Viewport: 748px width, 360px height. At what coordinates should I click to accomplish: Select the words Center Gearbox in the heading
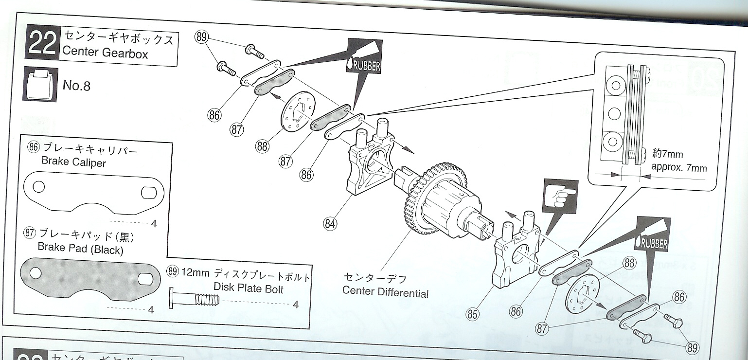click(105, 53)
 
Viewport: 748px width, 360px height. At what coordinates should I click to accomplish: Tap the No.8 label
click(76, 86)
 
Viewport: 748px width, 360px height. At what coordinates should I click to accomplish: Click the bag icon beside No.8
click(40, 85)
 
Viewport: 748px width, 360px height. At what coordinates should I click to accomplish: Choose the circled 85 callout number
click(472, 314)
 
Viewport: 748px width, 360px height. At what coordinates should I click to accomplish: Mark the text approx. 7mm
click(678, 168)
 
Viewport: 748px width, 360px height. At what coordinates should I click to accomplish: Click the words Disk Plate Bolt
click(248, 288)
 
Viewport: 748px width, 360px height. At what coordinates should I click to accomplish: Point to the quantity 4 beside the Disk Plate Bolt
click(296, 305)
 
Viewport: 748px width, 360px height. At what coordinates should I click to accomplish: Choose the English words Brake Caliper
click(73, 162)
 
